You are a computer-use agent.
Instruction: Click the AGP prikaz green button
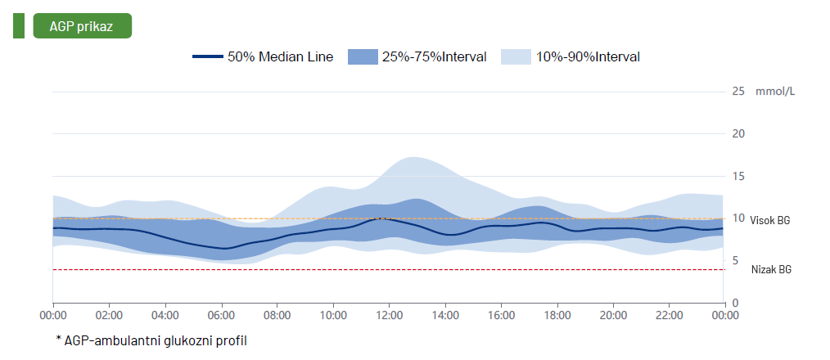(x=82, y=25)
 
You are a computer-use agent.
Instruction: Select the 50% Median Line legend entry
(x=263, y=57)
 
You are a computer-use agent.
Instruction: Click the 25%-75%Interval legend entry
(x=417, y=57)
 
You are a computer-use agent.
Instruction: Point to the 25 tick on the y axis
(x=738, y=91)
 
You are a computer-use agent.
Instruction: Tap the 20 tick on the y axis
(x=738, y=133)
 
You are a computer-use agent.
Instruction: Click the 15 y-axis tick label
(x=738, y=176)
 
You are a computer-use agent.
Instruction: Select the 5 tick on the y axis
(x=735, y=260)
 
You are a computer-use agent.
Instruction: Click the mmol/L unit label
(x=775, y=91)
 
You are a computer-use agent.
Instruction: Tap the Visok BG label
(x=770, y=221)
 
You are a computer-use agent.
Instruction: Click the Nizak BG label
(x=770, y=269)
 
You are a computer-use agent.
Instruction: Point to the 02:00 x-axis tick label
(x=109, y=315)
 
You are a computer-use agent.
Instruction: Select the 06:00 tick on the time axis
(x=221, y=315)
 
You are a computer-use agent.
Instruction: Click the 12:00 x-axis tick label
(x=389, y=315)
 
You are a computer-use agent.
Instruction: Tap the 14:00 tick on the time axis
(x=445, y=315)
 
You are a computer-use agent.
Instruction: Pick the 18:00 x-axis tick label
(x=557, y=315)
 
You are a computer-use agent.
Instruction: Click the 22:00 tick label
(x=669, y=315)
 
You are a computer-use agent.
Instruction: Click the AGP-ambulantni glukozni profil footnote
(x=151, y=340)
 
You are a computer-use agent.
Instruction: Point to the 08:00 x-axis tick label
(x=277, y=315)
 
